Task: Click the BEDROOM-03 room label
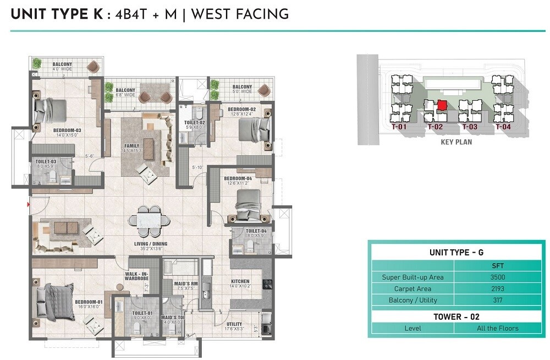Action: (x=67, y=130)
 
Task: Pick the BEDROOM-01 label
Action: (x=89, y=302)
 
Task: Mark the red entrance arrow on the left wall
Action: (x=28, y=205)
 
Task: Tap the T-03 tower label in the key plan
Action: (x=469, y=127)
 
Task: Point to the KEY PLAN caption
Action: (x=456, y=141)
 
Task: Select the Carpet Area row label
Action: (x=413, y=288)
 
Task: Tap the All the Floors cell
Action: (x=498, y=328)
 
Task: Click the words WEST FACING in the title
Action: (x=239, y=14)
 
